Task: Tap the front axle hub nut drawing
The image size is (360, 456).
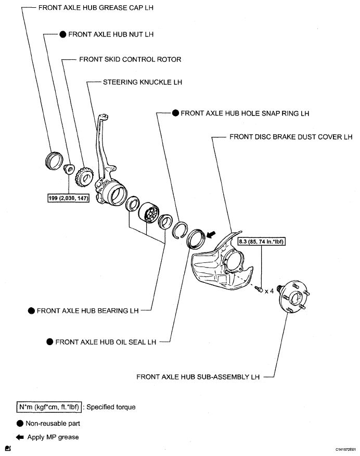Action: (68, 170)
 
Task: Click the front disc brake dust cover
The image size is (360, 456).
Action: (221, 263)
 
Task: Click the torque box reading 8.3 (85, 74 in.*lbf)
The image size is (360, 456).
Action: (263, 242)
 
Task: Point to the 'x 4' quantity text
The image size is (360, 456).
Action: (269, 291)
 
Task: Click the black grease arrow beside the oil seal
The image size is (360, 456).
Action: (212, 235)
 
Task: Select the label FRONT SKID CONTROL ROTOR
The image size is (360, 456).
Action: (130, 59)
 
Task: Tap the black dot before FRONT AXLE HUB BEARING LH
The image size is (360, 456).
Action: (31, 310)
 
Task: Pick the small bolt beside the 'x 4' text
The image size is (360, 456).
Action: (259, 289)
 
